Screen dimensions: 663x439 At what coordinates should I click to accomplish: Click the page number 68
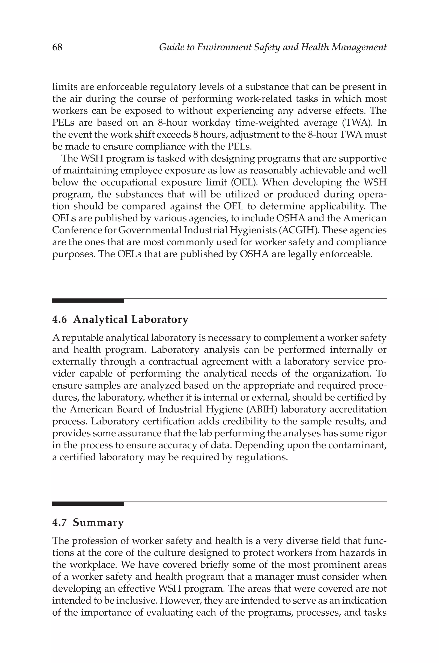(57, 47)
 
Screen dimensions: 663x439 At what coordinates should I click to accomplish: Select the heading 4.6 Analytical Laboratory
(120, 319)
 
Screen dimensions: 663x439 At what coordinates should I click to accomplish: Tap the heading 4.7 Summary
(88, 523)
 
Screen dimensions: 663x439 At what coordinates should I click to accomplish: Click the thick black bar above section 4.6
(88, 301)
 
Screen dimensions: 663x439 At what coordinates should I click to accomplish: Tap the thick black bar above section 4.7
(88, 504)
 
